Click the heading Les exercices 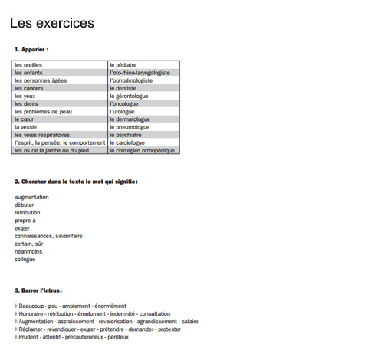(52, 23)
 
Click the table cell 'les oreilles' (29, 65)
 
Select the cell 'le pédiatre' (124, 65)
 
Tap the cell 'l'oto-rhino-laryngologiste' (140, 73)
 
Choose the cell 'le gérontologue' (130, 96)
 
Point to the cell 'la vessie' (27, 127)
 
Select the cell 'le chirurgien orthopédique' (143, 150)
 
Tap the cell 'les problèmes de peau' (43, 111)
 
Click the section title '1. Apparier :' (31, 49)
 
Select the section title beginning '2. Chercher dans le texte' (76, 182)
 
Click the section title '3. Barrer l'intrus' (38, 290)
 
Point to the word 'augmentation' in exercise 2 (31, 197)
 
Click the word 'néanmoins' (28, 251)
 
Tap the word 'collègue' (25, 259)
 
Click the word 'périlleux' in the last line (118, 337)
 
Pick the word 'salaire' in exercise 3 (189, 322)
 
